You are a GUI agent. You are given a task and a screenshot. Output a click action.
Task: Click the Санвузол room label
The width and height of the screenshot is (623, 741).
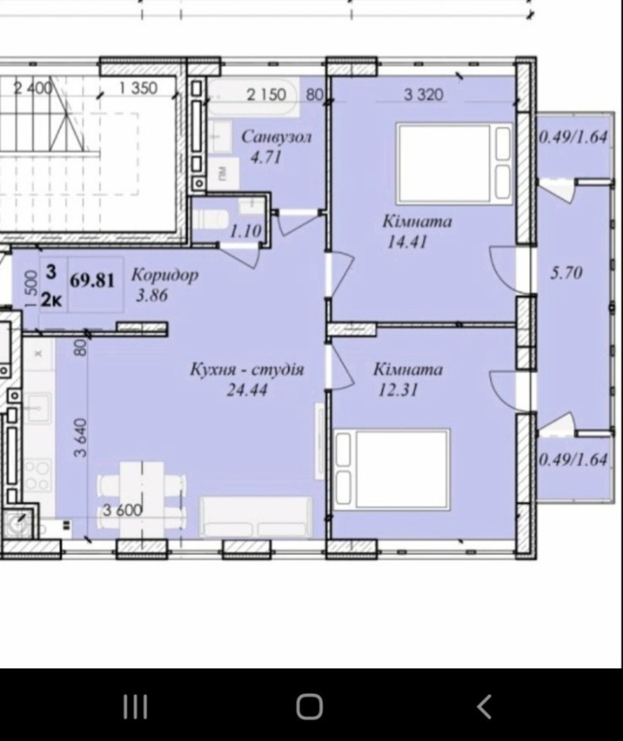(x=277, y=137)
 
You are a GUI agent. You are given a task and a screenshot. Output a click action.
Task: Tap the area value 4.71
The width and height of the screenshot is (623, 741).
(x=266, y=157)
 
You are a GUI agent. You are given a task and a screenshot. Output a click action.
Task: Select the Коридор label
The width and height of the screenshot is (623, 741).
(x=165, y=275)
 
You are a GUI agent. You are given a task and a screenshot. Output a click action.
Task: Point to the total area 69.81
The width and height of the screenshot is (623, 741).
(x=92, y=281)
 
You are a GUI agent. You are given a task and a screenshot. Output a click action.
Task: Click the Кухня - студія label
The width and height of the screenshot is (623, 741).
(x=247, y=370)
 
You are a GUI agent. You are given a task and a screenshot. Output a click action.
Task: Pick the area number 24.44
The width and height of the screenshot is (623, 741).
(x=247, y=390)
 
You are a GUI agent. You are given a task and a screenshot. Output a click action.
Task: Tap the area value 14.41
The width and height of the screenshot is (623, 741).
(x=407, y=242)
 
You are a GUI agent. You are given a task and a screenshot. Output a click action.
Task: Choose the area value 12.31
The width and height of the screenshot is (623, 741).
(x=398, y=390)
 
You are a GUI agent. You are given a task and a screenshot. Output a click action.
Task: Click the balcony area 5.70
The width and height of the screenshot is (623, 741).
(x=566, y=273)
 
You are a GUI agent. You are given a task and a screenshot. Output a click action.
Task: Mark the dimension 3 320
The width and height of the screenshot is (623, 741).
(x=423, y=95)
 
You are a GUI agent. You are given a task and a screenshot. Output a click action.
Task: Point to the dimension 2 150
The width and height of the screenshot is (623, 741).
(x=266, y=95)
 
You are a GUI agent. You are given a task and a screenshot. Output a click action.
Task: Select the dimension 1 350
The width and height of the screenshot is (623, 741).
(x=138, y=88)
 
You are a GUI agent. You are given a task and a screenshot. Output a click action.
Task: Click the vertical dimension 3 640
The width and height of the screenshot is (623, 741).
(x=81, y=438)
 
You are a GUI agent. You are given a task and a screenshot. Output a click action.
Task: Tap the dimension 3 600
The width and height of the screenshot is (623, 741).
(x=122, y=510)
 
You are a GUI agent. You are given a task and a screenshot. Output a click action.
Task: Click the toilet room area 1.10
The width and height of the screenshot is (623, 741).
(x=245, y=231)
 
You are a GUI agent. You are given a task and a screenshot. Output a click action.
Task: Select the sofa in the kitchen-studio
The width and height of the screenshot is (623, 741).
(x=256, y=517)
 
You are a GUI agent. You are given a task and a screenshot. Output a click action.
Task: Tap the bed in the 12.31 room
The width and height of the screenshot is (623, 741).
(x=392, y=470)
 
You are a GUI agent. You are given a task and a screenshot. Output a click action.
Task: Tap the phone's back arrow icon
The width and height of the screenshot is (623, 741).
(x=484, y=707)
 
